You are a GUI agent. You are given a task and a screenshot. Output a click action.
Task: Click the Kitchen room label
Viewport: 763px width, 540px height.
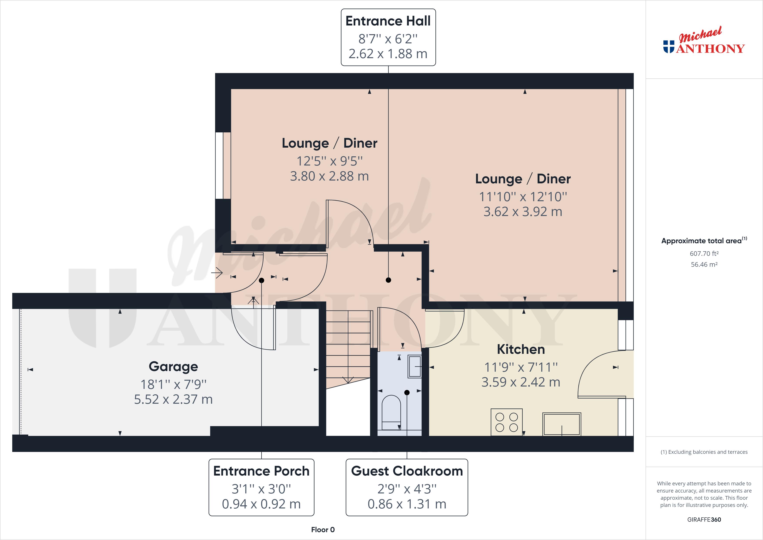pos(521,349)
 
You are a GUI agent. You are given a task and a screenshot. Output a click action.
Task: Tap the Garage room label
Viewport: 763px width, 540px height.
pos(173,366)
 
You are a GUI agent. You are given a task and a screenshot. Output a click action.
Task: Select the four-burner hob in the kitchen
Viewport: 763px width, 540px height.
pos(506,422)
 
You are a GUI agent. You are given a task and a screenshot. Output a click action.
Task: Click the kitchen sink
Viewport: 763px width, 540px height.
pos(562,424)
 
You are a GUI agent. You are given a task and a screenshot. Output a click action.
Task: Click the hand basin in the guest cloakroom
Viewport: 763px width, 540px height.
pos(415,366)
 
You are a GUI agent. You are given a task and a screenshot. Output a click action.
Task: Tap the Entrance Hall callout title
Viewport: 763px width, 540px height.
pos(388,21)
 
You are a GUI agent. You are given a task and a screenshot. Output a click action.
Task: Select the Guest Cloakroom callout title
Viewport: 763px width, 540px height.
pos(407,471)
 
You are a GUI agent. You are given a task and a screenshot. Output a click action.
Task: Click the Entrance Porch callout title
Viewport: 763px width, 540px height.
pos(261,471)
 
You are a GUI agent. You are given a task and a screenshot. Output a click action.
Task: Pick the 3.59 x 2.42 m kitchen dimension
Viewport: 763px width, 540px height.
pos(521,382)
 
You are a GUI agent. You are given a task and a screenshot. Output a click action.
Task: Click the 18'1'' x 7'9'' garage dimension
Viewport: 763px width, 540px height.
pos(173,384)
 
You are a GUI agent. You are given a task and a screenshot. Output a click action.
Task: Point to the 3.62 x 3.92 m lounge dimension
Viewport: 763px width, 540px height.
pos(522,212)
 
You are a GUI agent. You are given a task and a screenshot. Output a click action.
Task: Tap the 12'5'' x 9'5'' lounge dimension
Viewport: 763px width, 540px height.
pos(329,161)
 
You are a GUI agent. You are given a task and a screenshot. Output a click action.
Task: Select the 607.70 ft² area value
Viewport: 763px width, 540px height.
pos(704,253)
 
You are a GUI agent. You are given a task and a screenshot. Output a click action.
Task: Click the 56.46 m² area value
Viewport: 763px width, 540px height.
pos(704,265)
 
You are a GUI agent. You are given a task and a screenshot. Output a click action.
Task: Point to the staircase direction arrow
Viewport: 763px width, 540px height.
pos(348,380)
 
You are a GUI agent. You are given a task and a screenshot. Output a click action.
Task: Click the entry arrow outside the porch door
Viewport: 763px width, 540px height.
pos(217,273)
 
